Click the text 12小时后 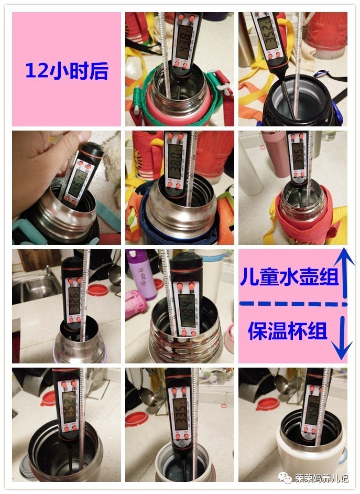67,70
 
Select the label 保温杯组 288,331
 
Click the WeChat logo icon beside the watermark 285,477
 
